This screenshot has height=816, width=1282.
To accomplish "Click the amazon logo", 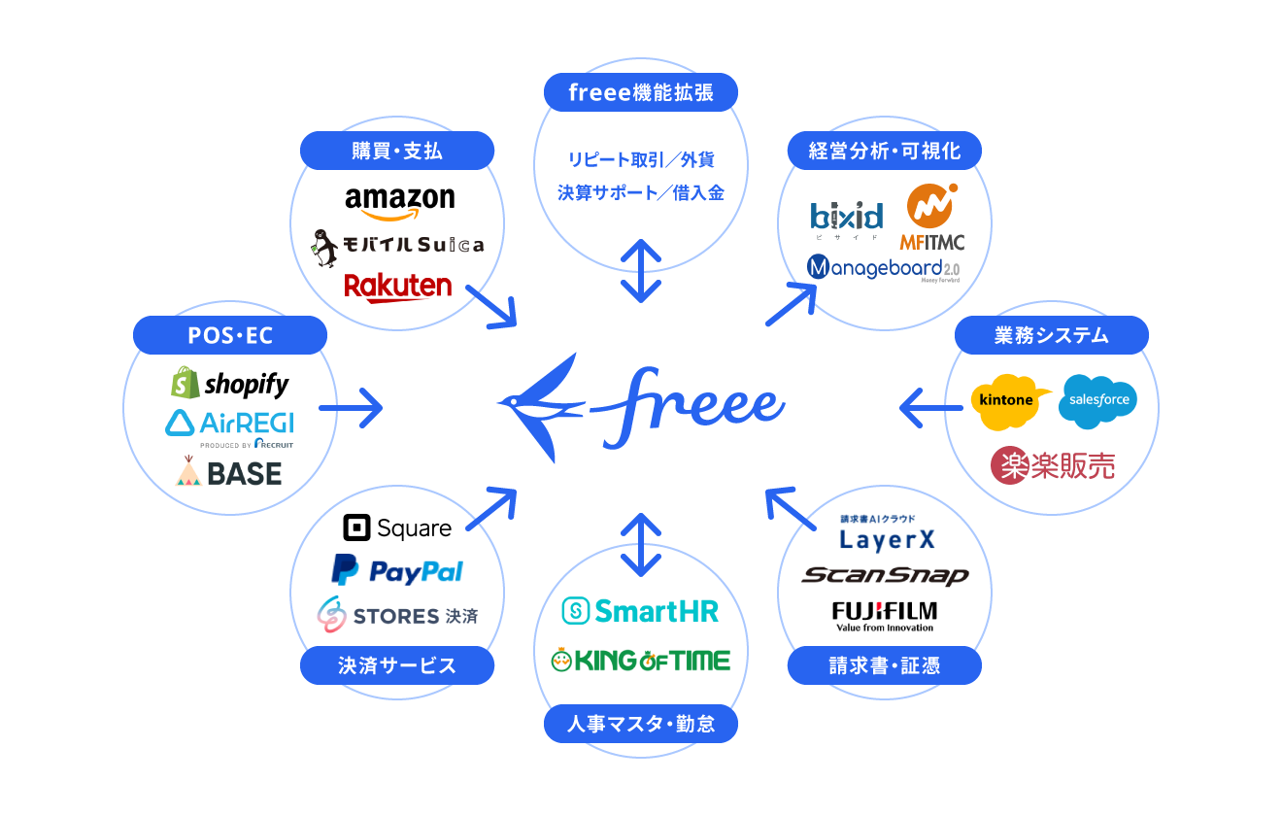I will click(399, 201).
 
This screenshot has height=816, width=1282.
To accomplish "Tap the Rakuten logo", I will click(398, 287).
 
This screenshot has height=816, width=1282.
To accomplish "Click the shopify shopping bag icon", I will click(185, 383).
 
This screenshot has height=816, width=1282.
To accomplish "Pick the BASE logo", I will click(229, 473).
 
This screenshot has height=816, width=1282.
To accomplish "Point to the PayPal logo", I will click(397, 570).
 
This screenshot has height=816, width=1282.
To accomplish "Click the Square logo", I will click(397, 527).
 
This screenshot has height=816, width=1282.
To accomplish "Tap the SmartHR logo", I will click(641, 610).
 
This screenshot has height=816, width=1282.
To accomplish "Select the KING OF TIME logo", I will click(641, 661).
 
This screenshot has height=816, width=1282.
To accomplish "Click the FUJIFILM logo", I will click(884, 615).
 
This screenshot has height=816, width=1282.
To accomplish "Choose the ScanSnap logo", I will click(885, 575).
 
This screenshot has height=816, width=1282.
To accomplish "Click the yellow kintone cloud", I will click(1008, 400).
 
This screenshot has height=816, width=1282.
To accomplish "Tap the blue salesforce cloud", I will click(1097, 400).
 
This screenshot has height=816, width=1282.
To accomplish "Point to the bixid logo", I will click(847, 217).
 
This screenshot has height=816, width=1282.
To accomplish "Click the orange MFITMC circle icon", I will click(930, 206).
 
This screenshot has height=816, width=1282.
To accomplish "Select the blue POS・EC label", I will click(230, 335).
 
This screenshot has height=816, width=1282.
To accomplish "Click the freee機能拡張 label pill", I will click(641, 92).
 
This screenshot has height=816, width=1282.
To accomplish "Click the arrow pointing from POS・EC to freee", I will click(352, 408).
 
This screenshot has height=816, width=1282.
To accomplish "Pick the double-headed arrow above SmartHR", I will click(641, 544).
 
